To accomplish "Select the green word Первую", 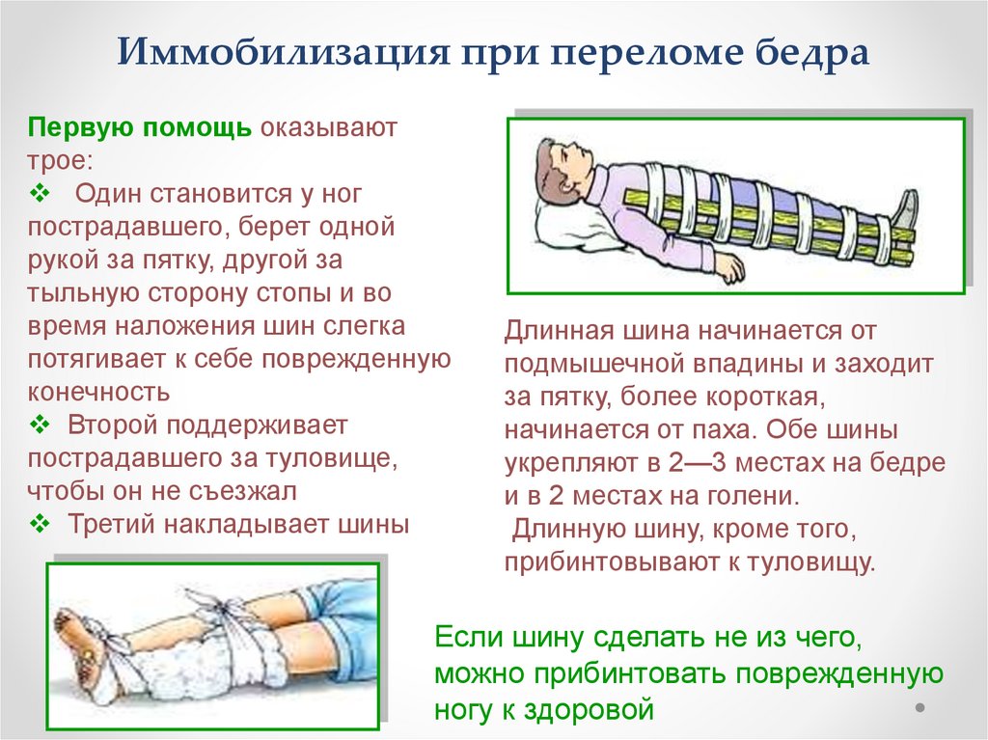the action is [x=79, y=128].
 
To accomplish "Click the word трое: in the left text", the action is [x=60, y=160].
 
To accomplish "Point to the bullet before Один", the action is [x=40, y=193].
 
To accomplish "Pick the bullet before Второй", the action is [x=40, y=425].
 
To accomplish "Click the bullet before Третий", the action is [x=40, y=524].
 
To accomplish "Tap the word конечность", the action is [x=99, y=392].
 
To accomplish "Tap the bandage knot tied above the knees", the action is [x=221, y=608].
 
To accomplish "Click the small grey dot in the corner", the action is [x=919, y=708].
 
